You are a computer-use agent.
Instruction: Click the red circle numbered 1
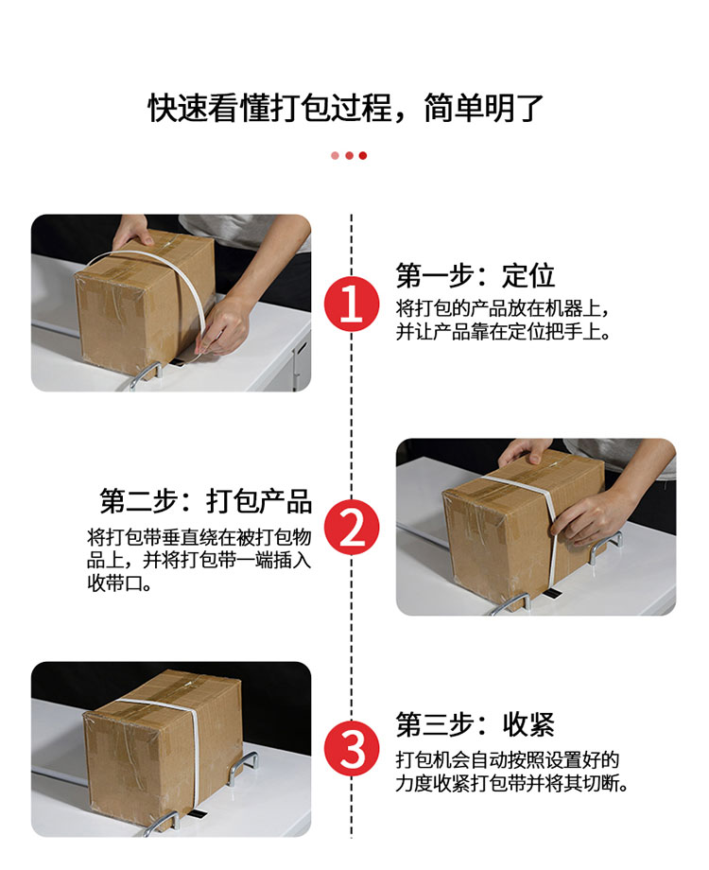[x=352, y=304]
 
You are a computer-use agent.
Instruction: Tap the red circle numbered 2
[x=352, y=527]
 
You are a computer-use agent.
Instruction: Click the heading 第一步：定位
[x=475, y=276]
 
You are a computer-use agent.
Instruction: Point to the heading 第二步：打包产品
[x=206, y=501]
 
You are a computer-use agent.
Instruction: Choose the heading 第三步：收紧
[x=475, y=724]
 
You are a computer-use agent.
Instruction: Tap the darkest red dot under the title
[x=363, y=155]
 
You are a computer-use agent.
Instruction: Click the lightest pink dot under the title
[x=335, y=155]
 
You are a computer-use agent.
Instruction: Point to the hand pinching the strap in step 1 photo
[x=223, y=326]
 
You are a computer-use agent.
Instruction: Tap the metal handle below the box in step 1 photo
[x=146, y=376]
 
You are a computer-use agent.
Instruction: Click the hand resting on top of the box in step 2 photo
[x=523, y=452]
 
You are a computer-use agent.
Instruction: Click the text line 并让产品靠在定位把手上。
[x=503, y=332]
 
